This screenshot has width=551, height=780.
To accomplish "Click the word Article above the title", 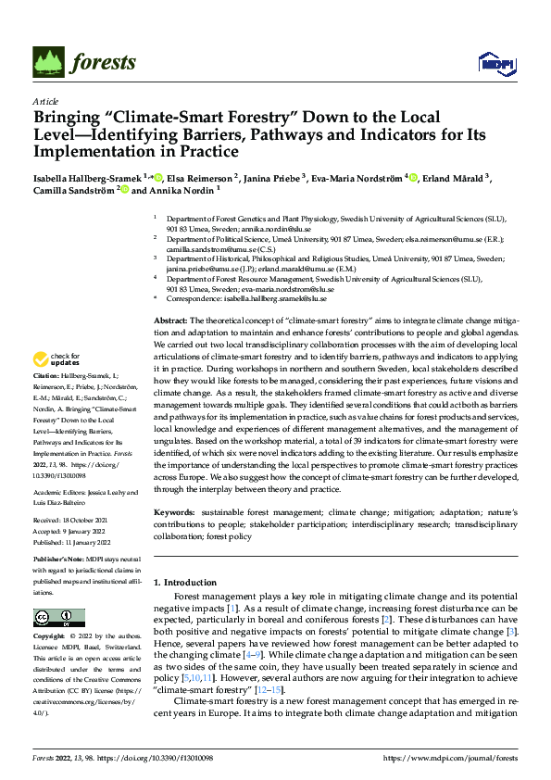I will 45,101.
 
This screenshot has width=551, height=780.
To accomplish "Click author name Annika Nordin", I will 180,191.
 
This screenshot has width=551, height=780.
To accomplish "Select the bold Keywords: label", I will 174,512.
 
